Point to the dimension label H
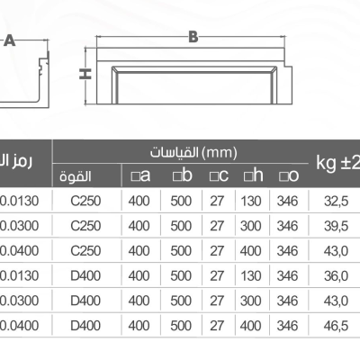pyautogui.click(x=82, y=75)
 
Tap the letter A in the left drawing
pyautogui.click(x=10, y=40)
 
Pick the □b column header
pyautogui.click(x=182, y=175)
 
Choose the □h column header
pyautogui.click(x=252, y=175)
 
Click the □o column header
pyautogui.click(x=288, y=175)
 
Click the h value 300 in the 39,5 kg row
pyautogui.click(x=251, y=225)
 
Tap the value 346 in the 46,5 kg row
pyautogui.click(x=287, y=321)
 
